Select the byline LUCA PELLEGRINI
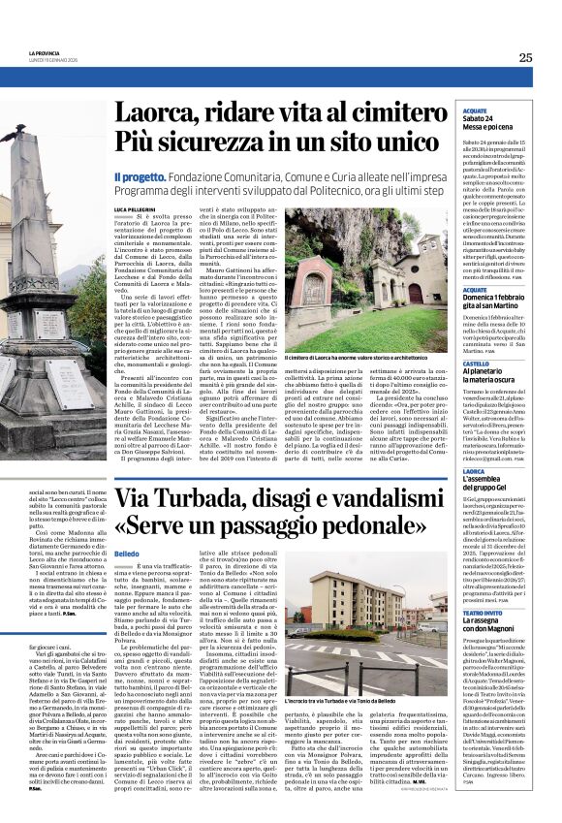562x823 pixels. (140, 209)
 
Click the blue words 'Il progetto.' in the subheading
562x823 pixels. (140, 177)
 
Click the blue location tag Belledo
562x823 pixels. (125, 553)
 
